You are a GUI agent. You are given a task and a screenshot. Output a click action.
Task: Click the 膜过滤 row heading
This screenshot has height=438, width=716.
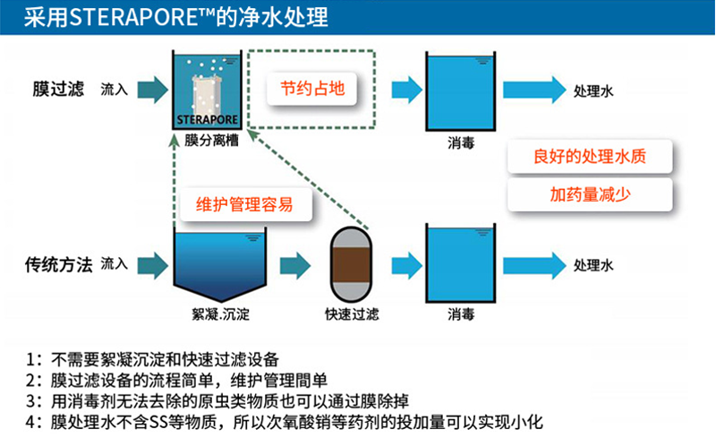coord(57,90)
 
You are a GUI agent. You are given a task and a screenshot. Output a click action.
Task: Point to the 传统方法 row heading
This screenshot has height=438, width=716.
coord(57,264)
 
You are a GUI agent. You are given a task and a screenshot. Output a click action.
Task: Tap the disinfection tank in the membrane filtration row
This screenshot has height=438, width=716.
coord(459,90)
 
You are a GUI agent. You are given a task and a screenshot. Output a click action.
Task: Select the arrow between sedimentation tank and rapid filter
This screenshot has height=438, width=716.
coord(294,265)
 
